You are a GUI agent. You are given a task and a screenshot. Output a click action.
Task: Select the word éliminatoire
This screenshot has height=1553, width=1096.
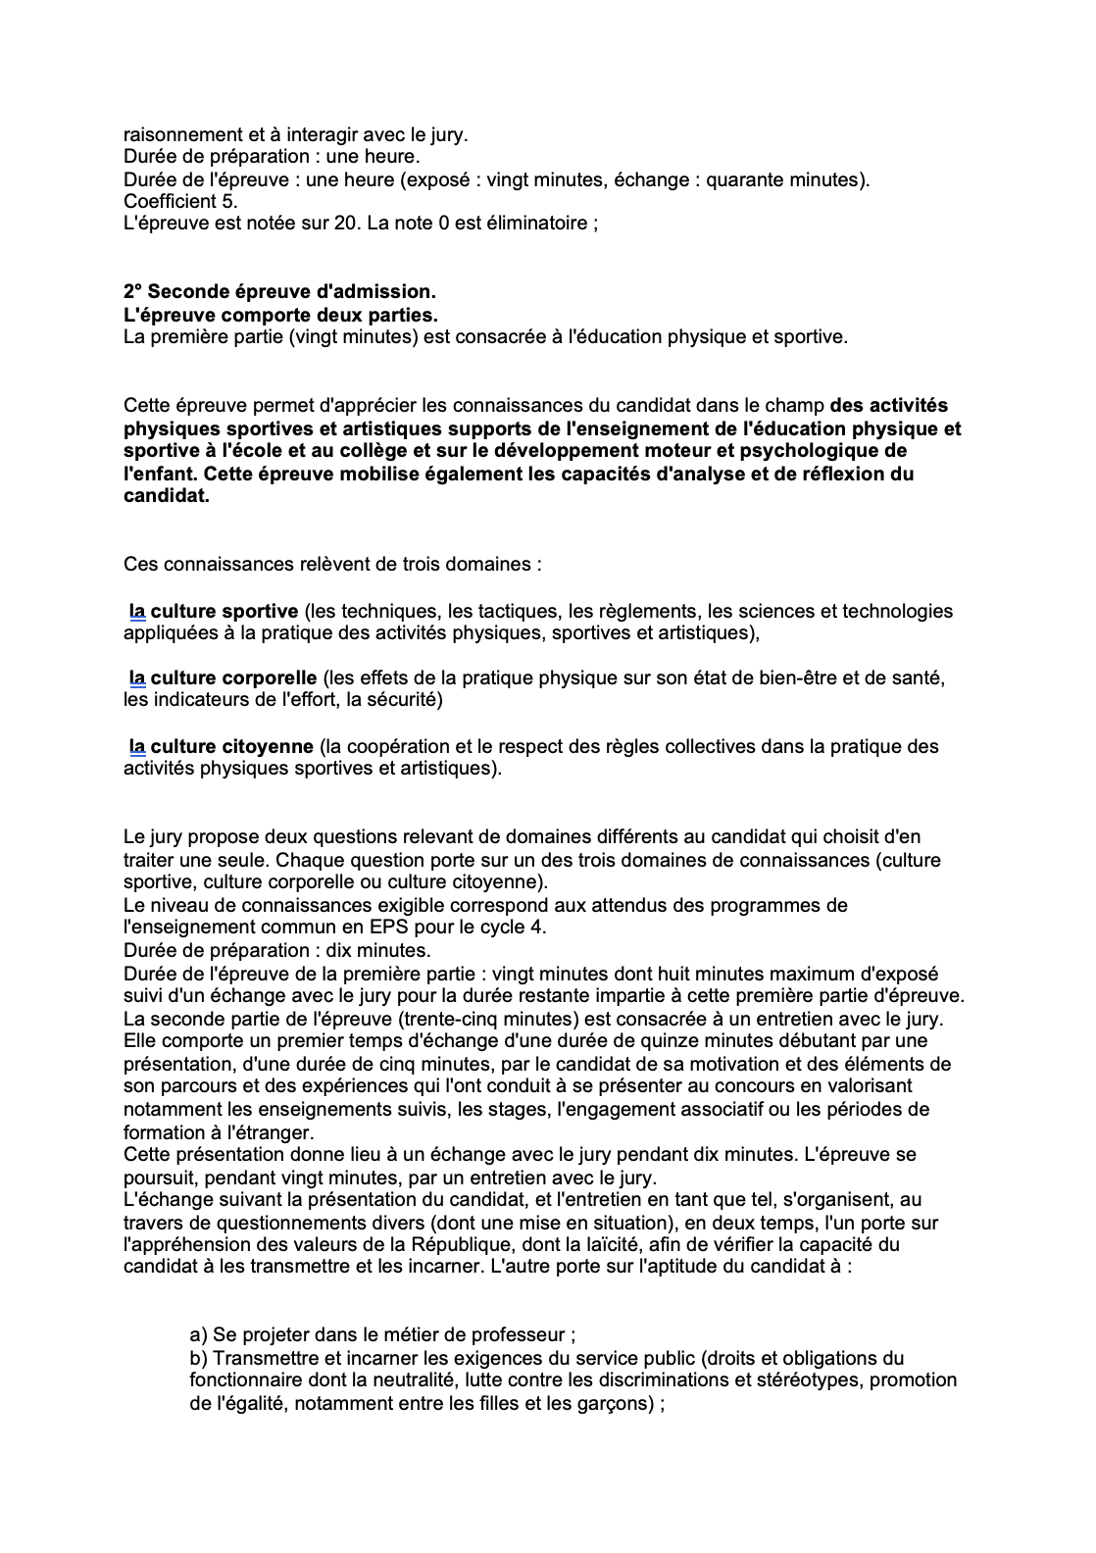point(538,224)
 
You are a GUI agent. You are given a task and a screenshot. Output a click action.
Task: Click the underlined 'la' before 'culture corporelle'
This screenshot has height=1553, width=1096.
point(137,678)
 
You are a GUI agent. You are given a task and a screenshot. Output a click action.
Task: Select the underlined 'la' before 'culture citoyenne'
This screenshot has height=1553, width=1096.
point(137,747)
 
